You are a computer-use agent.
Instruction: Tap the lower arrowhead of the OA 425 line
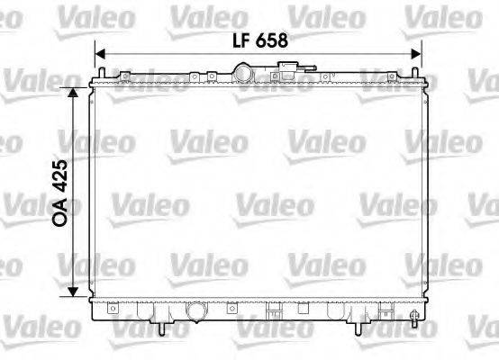click(74, 296)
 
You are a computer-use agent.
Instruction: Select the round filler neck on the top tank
click(244, 71)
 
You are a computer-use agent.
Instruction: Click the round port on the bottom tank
click(196, 312)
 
